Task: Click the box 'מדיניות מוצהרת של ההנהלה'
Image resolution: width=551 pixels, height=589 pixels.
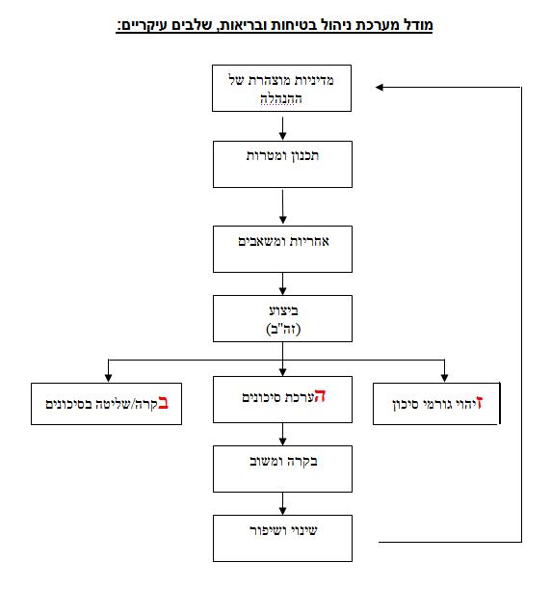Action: coord(282,89)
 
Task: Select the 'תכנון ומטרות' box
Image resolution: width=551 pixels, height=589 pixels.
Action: coord(282,165)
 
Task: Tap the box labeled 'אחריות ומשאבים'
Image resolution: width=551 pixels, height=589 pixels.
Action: coord(282,250)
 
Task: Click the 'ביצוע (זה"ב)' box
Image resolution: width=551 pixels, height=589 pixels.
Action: coord(282,318)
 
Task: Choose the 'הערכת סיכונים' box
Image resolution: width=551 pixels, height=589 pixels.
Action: coord(282,400)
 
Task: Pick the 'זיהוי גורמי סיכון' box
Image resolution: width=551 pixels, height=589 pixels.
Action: coord(436,404)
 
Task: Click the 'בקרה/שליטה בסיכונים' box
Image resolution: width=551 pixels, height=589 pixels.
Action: coord(107,404)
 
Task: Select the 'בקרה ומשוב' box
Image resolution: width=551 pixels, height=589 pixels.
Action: coord(282,469)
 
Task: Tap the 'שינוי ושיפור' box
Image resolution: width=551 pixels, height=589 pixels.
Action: coord(282,538)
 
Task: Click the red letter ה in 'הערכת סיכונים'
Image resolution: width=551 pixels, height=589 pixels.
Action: coord(320,396)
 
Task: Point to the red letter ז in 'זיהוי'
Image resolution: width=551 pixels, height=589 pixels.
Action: coord(479,403)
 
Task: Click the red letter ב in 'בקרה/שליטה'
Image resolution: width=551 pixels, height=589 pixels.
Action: coord(163,403)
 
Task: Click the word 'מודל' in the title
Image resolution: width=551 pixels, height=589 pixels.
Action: coord(418,25)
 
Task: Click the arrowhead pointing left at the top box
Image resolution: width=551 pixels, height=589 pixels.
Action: coord(380,87)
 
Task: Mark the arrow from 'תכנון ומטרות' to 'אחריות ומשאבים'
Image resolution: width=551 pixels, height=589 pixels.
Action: coord(283,206)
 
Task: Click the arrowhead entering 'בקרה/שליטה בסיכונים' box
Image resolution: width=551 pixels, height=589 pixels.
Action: coord(109,377)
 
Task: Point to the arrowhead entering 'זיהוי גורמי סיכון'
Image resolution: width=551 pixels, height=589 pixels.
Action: coord(444,377)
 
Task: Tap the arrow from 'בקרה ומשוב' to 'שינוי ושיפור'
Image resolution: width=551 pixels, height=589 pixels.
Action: coord(283,504)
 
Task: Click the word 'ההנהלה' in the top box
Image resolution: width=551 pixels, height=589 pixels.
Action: coord(281,99)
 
